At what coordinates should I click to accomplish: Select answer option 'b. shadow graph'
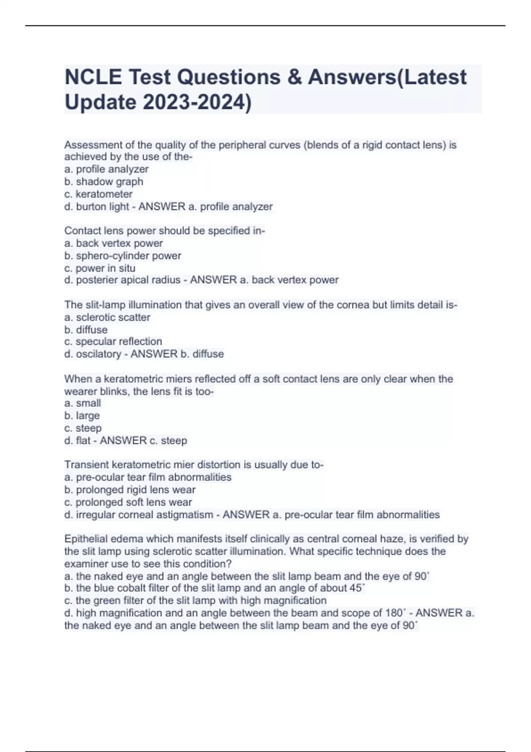pyautogui.click(x=104, y=182)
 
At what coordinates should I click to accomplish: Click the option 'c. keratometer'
pyautogui.click(x=98, y=194)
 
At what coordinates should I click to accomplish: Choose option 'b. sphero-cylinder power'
pyautogui.click(x=123, y=256)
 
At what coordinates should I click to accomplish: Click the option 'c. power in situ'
pyautogui.click(x=100, y=268)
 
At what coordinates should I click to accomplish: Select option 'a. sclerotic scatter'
pyautogui.click(x=107, y=317)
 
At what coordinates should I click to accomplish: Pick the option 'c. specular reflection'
pyautogui.click(x=113, y=341)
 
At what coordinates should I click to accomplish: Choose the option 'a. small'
pyautogui.click(x=82, y=403)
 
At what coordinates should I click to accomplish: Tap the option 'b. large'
pyautogui.click(x=82, y=416)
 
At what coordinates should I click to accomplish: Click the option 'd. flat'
pyautogui.click(x=77, y=441)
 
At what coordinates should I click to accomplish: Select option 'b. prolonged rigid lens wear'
pyautogui.click(x=130, y=490)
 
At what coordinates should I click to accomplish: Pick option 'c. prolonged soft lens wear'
pyautogui.click(x=128, y=502)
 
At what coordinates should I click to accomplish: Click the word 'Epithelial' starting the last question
pyautogui.click(x=86, y=539)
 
